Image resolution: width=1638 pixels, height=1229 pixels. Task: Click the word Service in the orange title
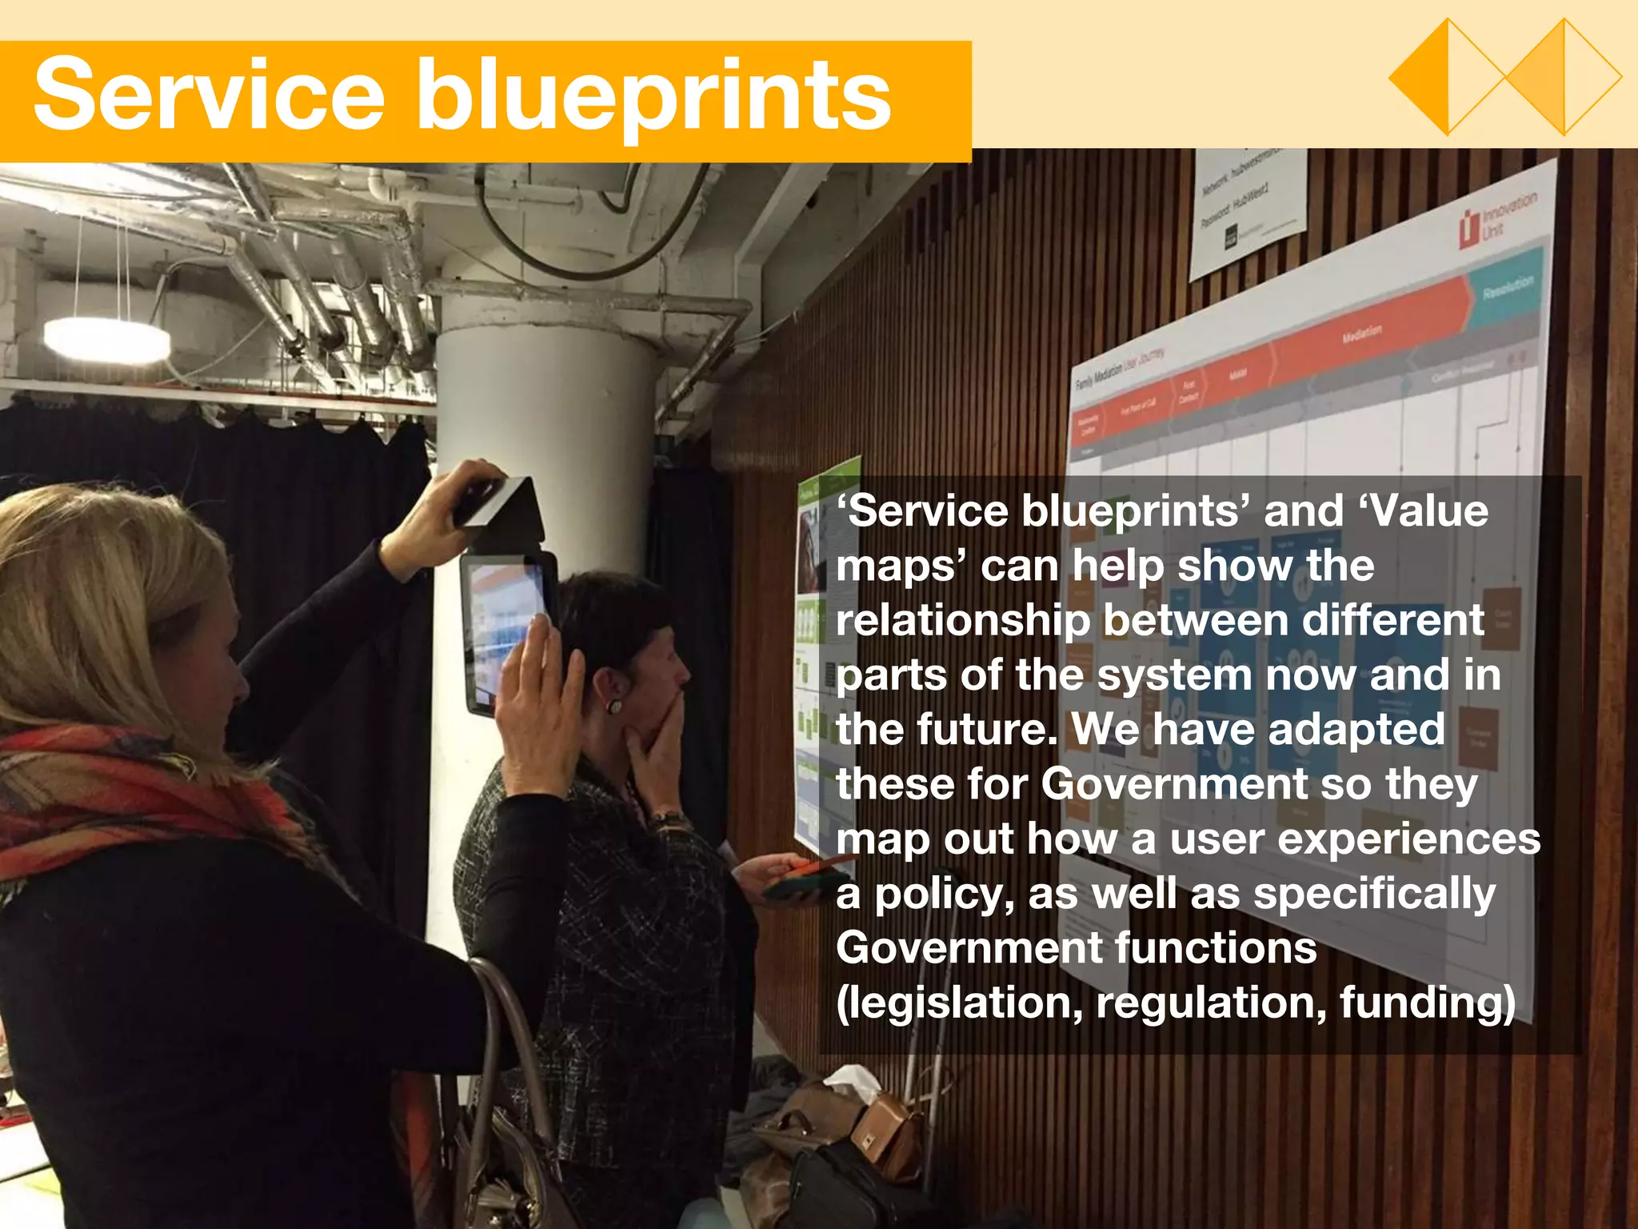pyautogui.click(x=210, y=96)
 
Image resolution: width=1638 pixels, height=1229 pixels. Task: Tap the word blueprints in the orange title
pyautogui.click(x=653, y=98)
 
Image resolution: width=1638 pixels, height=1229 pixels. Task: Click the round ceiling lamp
pyautogui.click(x=106, y=338)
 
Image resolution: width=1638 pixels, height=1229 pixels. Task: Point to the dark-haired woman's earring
pyautogui.click(x=615, y=707)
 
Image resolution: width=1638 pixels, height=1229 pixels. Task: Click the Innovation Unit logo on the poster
pyautogui.click(x=1495, y=220)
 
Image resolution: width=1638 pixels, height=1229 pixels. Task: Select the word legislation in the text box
pyautogui.click(x=958, y=1003)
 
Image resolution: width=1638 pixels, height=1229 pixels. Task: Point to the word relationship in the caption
pyautogui.click(x=963, y=621)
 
